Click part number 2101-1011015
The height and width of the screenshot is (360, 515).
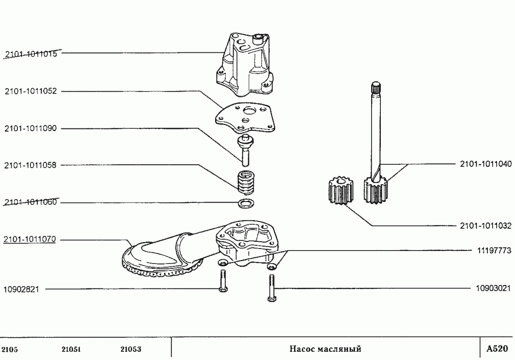[31, 54]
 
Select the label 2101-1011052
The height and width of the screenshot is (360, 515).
[31, 91]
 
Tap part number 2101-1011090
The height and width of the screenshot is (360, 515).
[31, 128]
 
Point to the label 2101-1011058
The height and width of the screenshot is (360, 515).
[31, 165]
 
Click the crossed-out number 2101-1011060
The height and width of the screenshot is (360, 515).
[31, 202]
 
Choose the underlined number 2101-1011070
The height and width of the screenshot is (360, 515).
[30, 239]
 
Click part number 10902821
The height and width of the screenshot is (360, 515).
[21, 289]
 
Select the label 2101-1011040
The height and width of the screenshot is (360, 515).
[486, 164]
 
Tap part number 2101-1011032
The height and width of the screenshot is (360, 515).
[486, 226]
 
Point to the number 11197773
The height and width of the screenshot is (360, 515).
[494, 250]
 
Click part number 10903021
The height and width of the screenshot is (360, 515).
[494, 288]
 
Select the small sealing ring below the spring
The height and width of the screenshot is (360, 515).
[245, 203]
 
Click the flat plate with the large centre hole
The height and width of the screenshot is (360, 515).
[245, 117]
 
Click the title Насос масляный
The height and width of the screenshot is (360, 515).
[325, 348]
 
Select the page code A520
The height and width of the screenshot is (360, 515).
[497, 348]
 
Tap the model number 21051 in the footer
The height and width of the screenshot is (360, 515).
[71, 349]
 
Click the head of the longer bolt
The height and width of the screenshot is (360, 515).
[272, 299]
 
